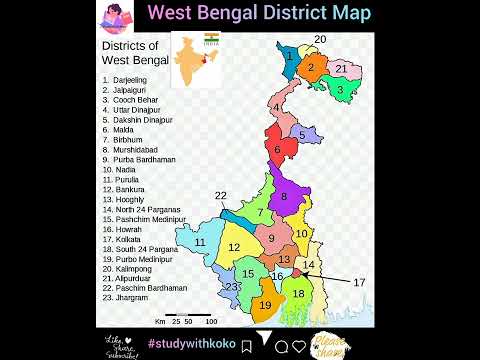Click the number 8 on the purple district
284,197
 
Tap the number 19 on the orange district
265,305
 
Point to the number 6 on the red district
278,150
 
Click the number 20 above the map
320,39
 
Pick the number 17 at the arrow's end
360,282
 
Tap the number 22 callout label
221,195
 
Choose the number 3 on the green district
340,90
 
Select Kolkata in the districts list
129,239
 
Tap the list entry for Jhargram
131,298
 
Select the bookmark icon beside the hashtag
246,345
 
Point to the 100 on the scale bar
211,322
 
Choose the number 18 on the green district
298,293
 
